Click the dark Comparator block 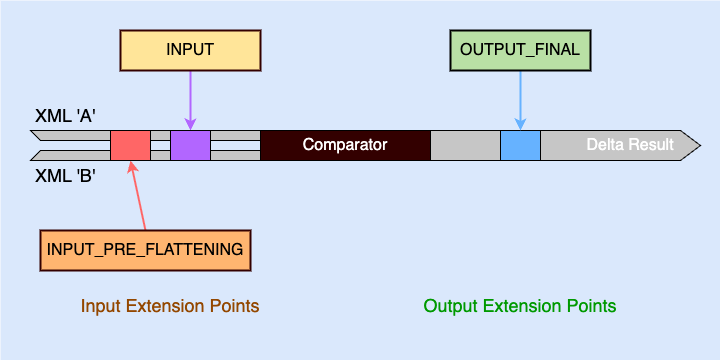coord(345,145)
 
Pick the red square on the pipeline coord(130,145)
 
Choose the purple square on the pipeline coord(190,145)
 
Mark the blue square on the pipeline coord(520,145)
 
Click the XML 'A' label coord(65,116)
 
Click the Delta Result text coord(630,145)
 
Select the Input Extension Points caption coord(170,305)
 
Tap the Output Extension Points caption coord(520,305)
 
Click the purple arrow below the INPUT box coord(189,100)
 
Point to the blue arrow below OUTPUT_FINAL coord(520,100)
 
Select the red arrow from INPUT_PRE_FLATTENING coord(138,195)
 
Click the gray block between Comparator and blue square coord(465,145)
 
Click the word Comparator coord(345,145)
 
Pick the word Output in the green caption coord(448,305)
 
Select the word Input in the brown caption coord(99,305)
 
